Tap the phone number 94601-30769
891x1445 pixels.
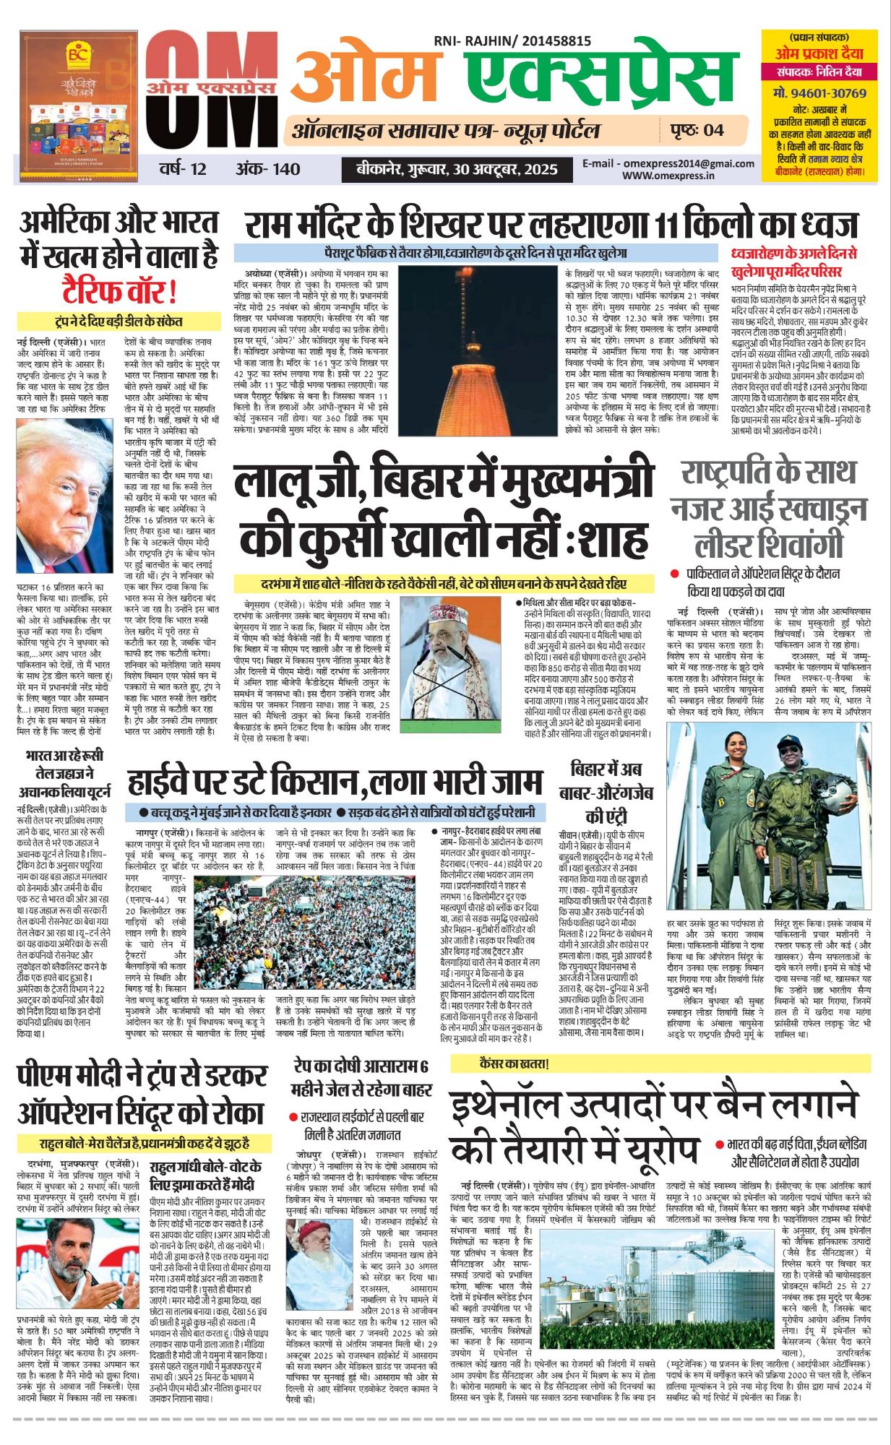819,93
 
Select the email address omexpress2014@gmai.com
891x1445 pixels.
668,163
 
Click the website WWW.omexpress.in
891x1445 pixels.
668,175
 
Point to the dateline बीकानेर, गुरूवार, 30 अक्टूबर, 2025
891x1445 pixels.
457,169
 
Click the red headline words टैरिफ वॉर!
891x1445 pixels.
119,292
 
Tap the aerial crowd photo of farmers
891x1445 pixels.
304,937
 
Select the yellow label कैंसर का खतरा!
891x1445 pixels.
515,1064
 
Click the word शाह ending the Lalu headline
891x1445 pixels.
608,538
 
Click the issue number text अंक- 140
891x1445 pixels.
267,169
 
